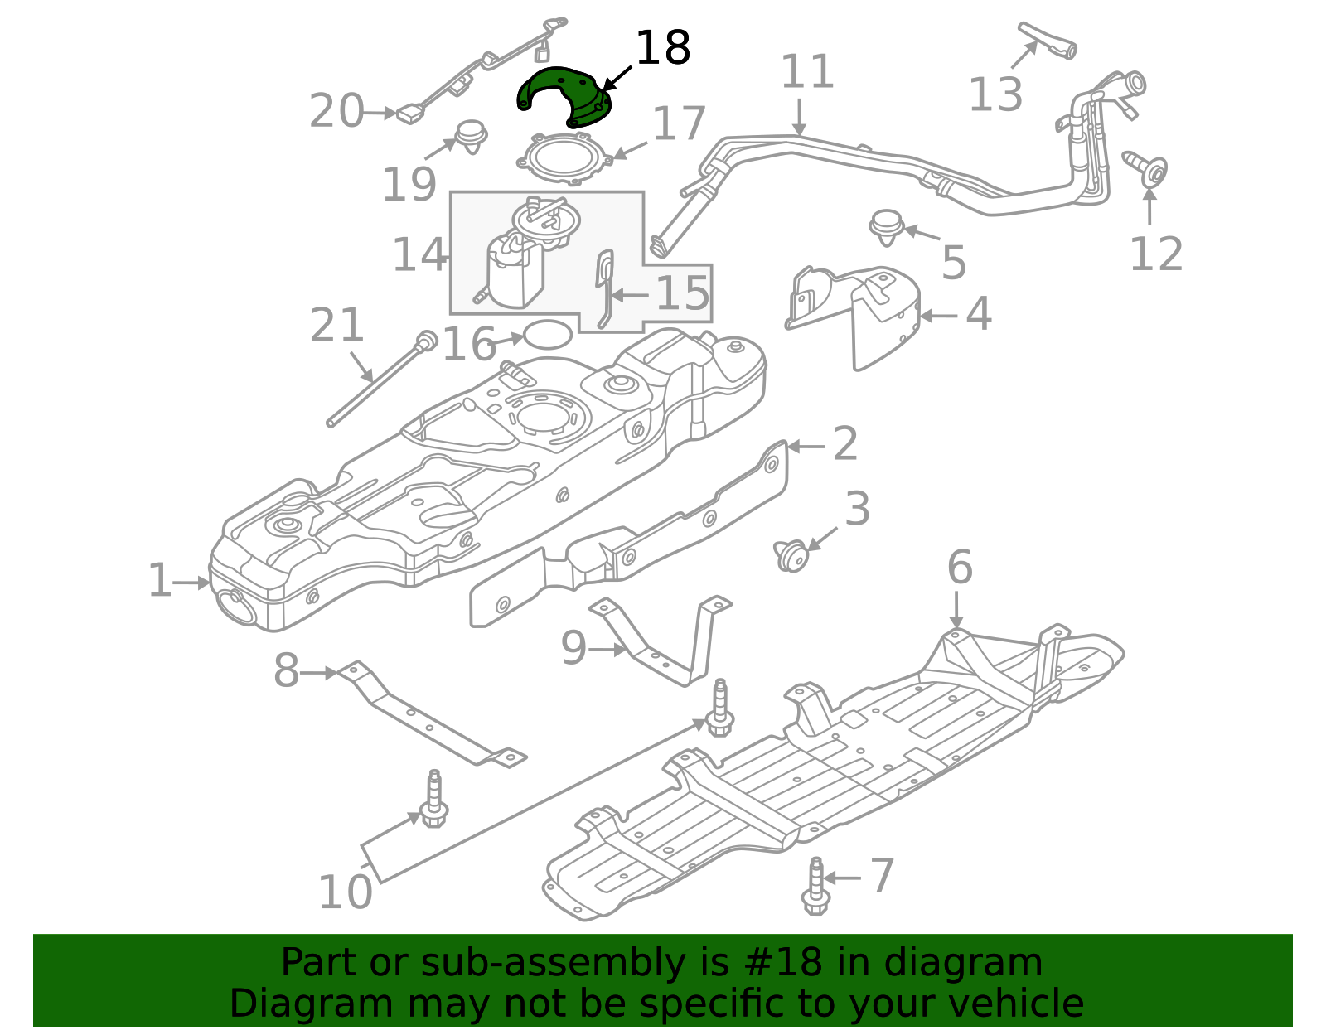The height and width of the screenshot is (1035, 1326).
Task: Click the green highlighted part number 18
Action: click(x=564, y=95)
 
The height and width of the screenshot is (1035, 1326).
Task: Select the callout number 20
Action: click(x=336, y=112)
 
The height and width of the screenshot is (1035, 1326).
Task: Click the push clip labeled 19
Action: click(x=472, y=137)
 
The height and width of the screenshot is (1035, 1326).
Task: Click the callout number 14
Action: click(x=419, y=254)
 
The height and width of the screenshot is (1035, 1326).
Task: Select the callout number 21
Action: click(x=336, y=326)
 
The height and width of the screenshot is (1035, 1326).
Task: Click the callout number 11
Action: click(x=807, y=72)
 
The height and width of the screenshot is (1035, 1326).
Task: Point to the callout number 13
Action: click(x=995, y=94)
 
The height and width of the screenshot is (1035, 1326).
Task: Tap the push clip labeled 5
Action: click(x=887, y=225)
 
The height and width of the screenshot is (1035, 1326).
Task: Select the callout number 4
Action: click(x=979, y=315)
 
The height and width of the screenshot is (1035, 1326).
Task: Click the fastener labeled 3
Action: click(x=791, y=555)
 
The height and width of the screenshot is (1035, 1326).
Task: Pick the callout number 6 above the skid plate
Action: click(x=960, y=568)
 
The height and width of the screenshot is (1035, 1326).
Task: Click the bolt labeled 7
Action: click(x=815, y=887)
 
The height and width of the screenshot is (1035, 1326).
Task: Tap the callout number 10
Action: click(x=345, y=893)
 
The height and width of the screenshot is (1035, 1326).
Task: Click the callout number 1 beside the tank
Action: click(x=159, y=582)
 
